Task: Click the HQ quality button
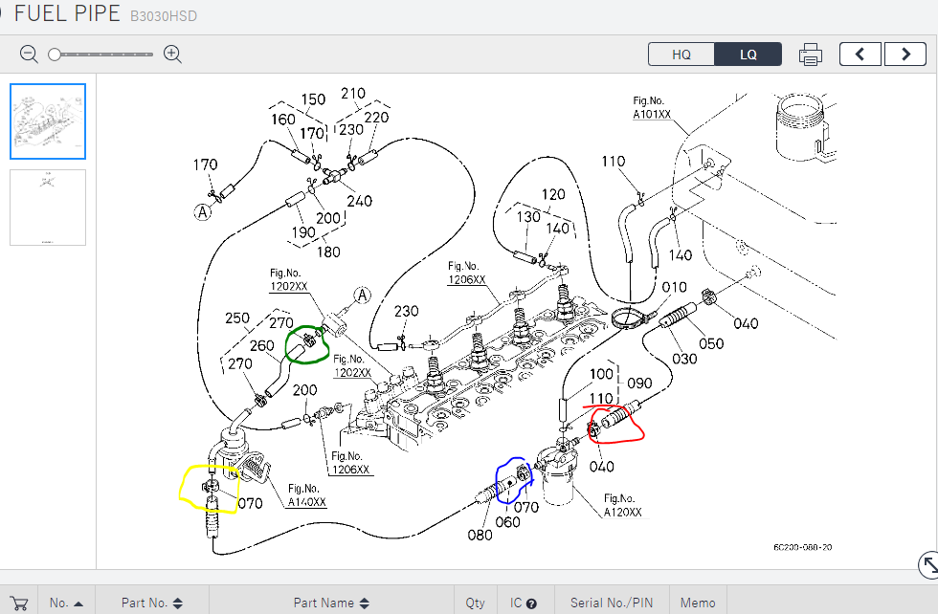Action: pyautogui.click(x=681, y=55)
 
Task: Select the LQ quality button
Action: pyautogui.click(x=748, y=55)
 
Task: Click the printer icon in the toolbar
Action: pyautogui.click(x=811, y=55)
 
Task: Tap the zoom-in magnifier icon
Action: pyautogui.click(x=172, y=55)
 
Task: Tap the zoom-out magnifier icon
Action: pyautogui.click(x=29, y=55)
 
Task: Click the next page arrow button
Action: pyautogui.click(x=904, y=55)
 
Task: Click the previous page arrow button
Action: pyautogui.click(x=860, y=55)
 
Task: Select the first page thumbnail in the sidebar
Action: pyautogui.click(x=48, y=121)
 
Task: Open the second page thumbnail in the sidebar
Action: pyautogui.click(x=48, y=208)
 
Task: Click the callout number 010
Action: pyautogui.click(x=674, y=288)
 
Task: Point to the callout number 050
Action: pyautogui.click(x=711, y=343)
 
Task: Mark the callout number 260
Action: pyautogui.click(x=261, y=346)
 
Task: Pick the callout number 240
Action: pyautogui.click(x=359, y=201)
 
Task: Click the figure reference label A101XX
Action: pyautogui.click(x=652, y=114)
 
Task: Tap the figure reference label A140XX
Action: pyautogui.click(x=306, y=501)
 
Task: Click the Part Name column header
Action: pyautogui.click(x=324, y=603)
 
